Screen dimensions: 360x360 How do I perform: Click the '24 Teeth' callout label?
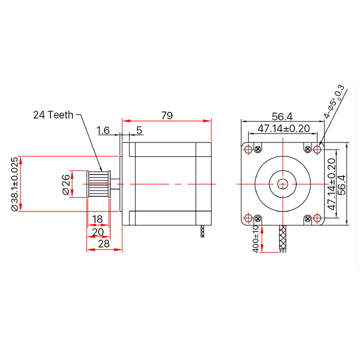(x=53, y=115)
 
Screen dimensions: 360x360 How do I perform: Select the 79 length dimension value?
(x=167, y=115)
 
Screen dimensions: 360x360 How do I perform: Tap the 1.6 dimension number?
(x=103, y=130)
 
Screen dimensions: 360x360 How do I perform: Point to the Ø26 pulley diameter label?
(x=65, y=184)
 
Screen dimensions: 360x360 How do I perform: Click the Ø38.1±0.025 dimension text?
(x=14, y=184)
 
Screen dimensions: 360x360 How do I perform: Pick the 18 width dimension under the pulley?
(x=97, y=219)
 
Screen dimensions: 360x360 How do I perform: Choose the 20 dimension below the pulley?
(x=98, y=232)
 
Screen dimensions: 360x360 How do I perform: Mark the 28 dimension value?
(x=104, y=243)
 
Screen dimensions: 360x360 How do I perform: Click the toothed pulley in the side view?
(x=98, y=184)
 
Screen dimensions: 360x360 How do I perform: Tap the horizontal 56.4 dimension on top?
(x=282, y=116)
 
